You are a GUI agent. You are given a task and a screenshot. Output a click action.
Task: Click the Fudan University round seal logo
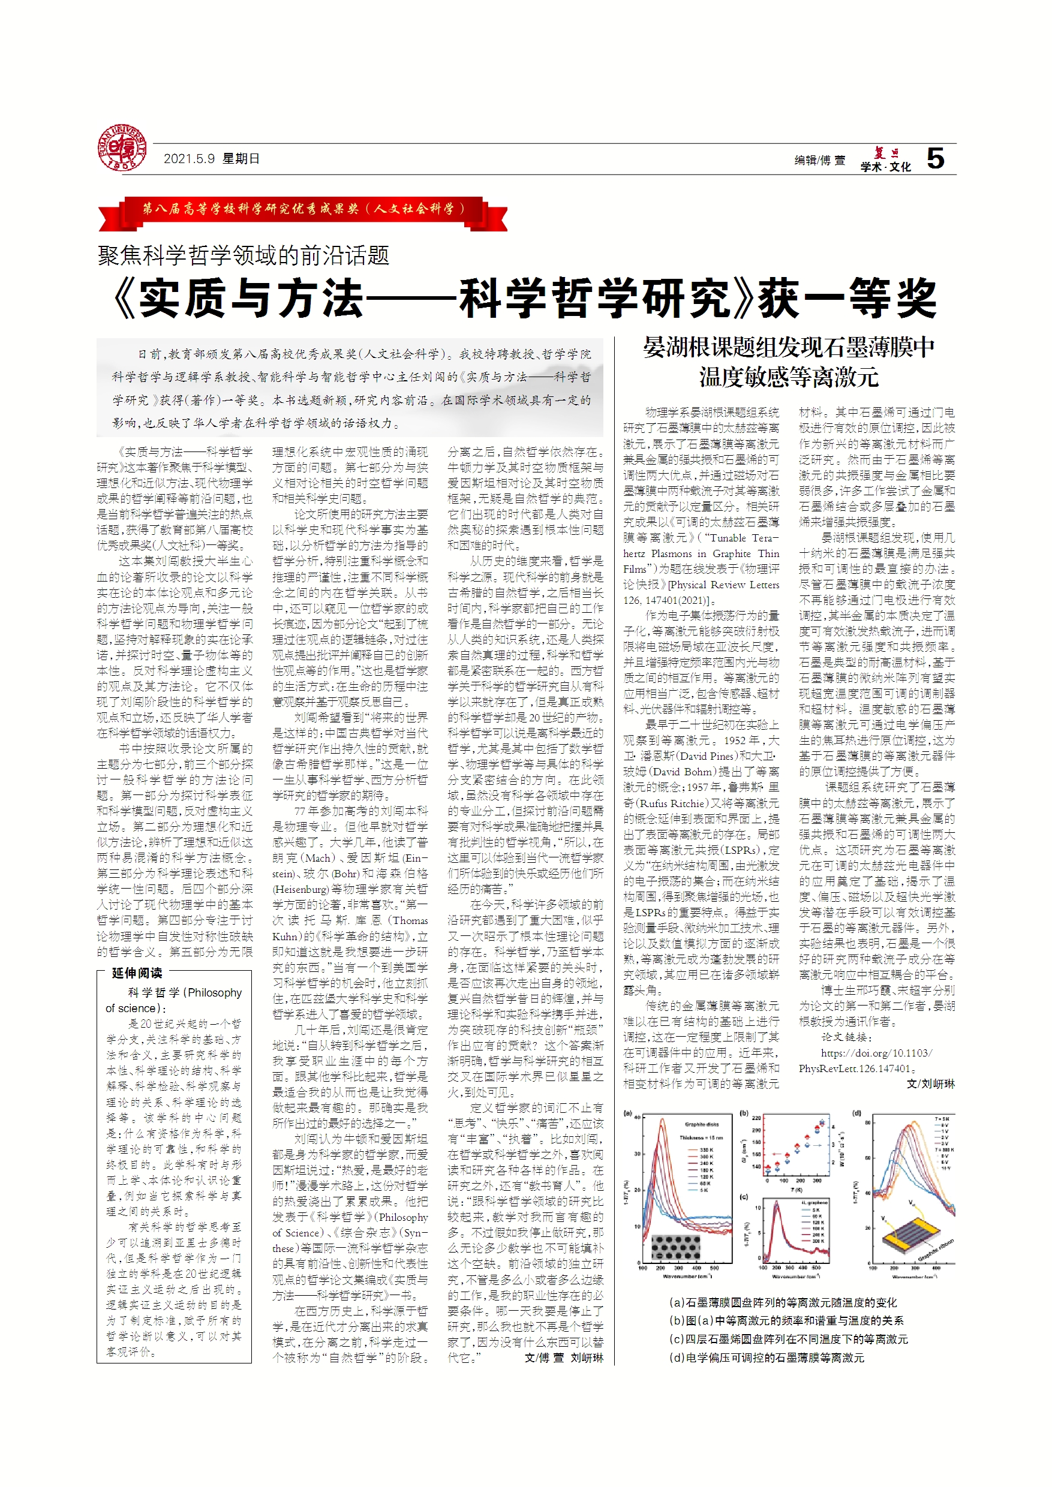(122, 148)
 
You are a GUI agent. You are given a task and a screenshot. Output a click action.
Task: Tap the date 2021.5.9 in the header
(188, 159)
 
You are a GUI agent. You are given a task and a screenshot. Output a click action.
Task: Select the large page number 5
(935, 159)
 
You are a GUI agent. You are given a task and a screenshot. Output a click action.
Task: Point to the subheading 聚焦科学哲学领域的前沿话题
(243, 256)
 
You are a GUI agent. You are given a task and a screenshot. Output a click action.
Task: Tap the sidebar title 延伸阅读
(137, 973)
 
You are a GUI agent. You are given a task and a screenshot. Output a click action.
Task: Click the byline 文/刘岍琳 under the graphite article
(930, 1084)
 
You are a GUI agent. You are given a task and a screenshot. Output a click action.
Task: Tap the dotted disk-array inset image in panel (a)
(675, 1247)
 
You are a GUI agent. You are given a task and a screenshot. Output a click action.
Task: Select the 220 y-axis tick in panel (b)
(756, 1118)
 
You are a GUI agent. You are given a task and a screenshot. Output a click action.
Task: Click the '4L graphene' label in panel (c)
(814, 1203)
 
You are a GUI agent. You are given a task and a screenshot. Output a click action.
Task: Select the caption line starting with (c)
(788, 1339)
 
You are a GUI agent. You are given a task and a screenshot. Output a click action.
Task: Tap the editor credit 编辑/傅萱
(819, 160)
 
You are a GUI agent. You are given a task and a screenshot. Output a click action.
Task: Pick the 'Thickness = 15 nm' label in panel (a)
(701, 1137)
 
